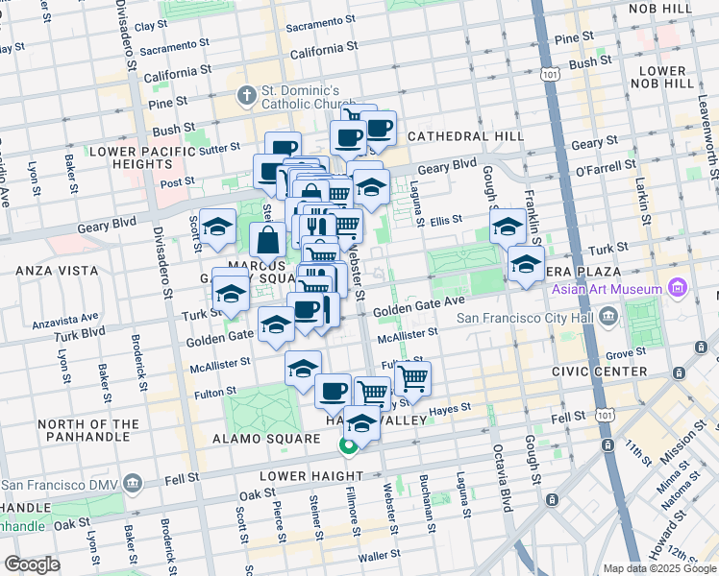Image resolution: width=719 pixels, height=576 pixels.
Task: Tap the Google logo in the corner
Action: click(33, 564)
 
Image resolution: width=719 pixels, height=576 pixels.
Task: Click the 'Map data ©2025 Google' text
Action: click(659, 569)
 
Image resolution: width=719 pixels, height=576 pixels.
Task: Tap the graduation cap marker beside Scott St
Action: click(218, 226)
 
